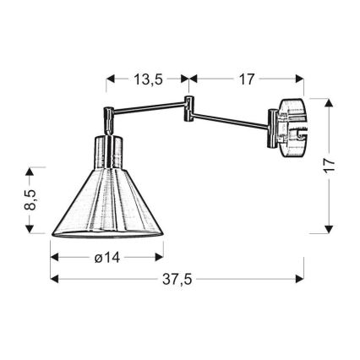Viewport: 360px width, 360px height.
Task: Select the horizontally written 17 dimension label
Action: pyautogui.click(x=246, y=80)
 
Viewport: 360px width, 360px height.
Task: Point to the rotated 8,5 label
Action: pyautogui.click(x=30, y=199)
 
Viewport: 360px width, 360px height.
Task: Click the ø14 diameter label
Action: pyautogui.click(x=106, y=259)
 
